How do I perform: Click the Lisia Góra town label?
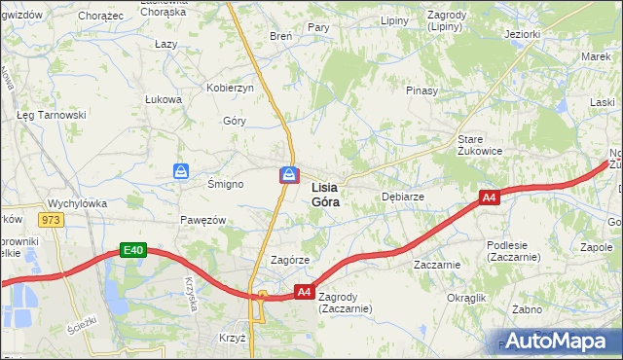click(x=325, y=195)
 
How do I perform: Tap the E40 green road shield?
click(x=134, y=250)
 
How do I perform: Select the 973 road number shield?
click(x=52, y=220)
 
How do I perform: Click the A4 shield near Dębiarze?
click(x=489, y=198)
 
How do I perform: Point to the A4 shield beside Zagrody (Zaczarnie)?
click(x=304, y=291)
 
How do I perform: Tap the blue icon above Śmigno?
click(x=182, y=171)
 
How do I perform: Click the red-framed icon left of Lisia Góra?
click(x=289, y=175)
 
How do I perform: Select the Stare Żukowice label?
click(x=480, y=145)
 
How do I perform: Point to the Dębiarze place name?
click(x=402, y=197)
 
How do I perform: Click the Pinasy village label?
click(x=422, y=90)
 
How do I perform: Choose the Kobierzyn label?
click(x=230, y=88)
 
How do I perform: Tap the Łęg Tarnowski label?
click(x=52, y=115)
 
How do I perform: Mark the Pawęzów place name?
click(x=202, y=220)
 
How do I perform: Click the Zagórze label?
click(x=289, y=261)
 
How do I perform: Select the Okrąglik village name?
click(x=466, y=297)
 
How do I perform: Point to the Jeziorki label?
click(x=523, y=34)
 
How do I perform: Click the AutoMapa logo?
click(x=558, y=341)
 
